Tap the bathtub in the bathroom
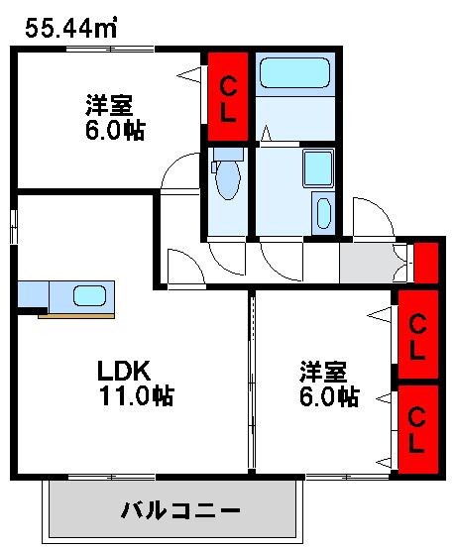coord(293,73)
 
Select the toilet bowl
coord(227,178)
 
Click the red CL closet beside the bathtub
coord(227,97)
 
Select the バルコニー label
coord(180,511)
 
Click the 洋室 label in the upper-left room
coord(109,105)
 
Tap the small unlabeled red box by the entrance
coord(425,262)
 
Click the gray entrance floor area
coord(368,262)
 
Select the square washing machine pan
coord(317,169)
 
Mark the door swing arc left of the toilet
coord(179,171)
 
